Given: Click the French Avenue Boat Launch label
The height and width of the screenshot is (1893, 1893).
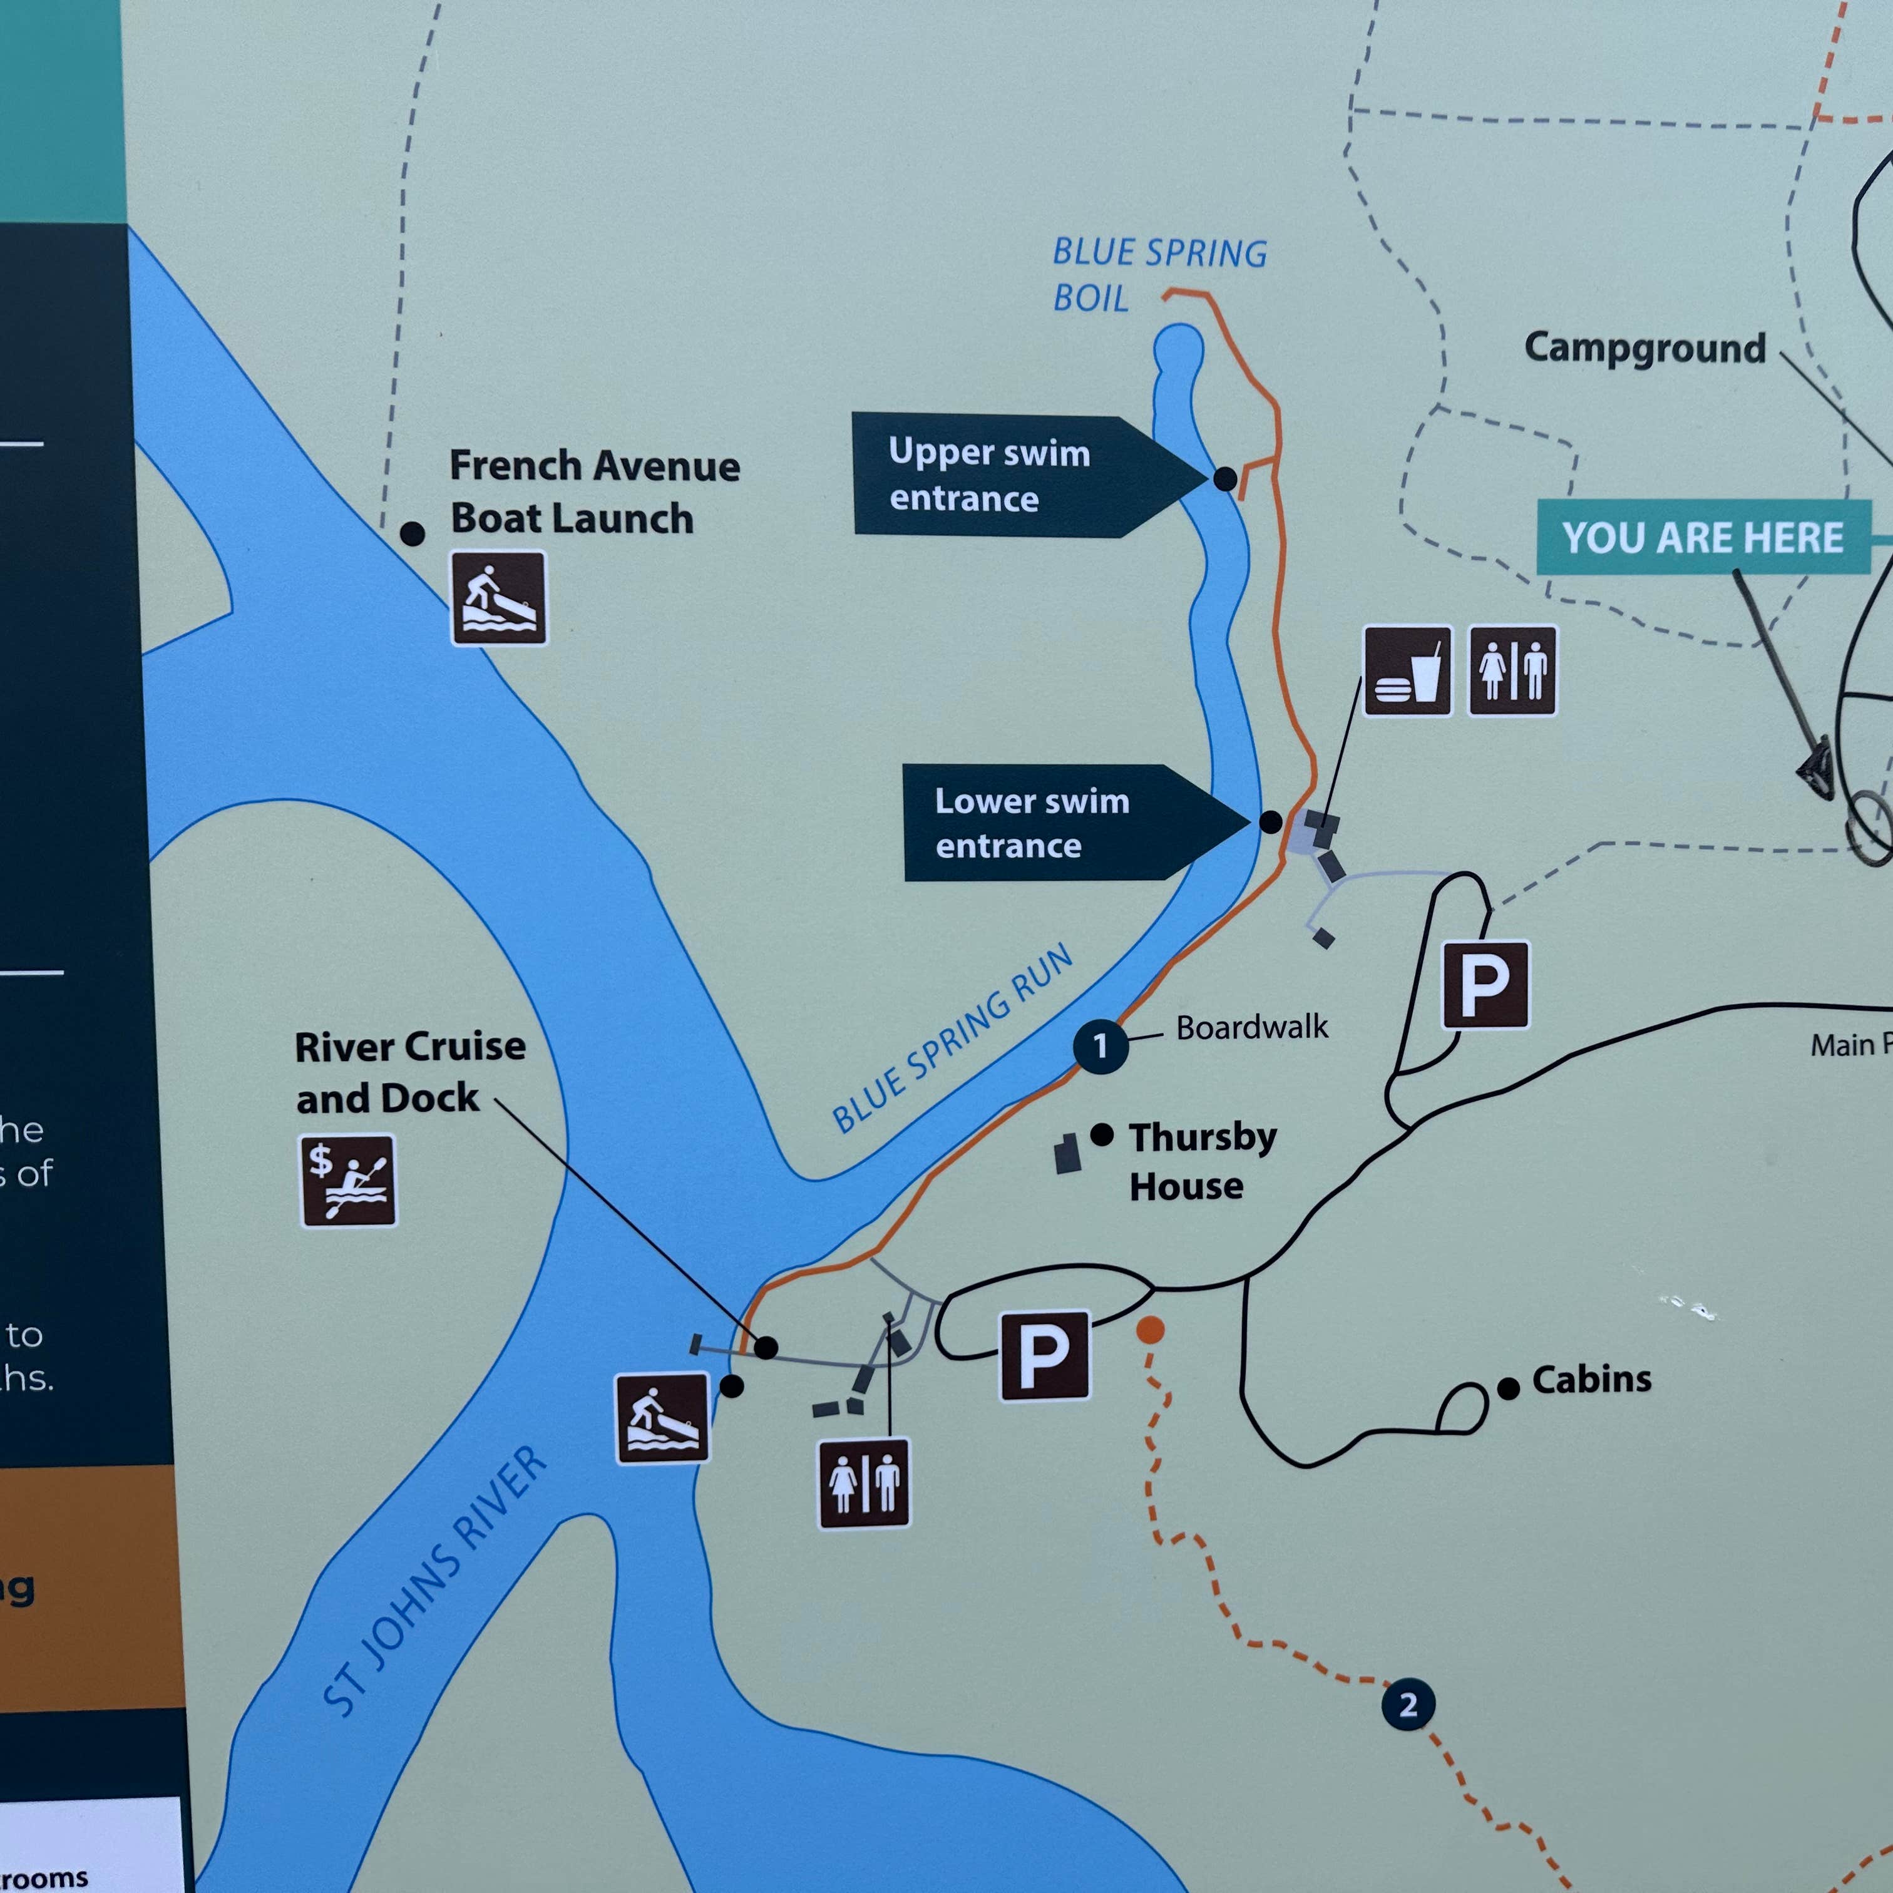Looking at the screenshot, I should click(594, 492).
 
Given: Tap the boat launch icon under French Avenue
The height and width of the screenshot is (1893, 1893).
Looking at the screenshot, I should click(499, 598).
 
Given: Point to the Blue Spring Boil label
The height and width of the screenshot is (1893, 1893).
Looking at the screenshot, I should click(1158, 274).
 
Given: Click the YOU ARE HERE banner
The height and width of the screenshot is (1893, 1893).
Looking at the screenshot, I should click(1703, 537).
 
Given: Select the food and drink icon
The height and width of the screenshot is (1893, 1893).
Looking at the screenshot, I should click(1407, 671).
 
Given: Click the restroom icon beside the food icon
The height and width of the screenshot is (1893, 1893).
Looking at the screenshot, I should click(1512, 671).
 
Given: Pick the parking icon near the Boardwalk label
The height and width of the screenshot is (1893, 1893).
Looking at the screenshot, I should click(1484, 985).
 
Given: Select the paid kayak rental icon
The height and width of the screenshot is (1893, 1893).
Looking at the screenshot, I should click(348, 1181).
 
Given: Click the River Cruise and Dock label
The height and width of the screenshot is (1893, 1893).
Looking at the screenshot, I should click(409, 1072).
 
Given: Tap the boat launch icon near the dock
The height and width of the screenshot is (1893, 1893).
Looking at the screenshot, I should click(662, 1418).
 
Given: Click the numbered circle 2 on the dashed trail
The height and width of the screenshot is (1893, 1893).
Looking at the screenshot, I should click(1408, 1705).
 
